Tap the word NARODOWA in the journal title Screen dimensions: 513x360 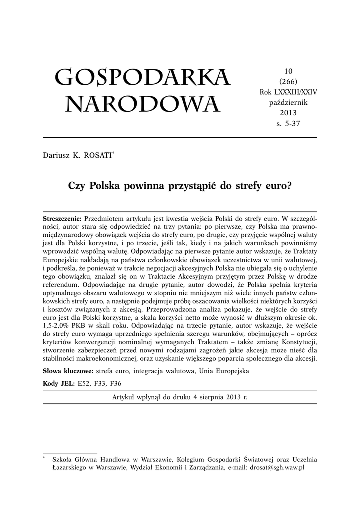[x=142, y=104]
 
